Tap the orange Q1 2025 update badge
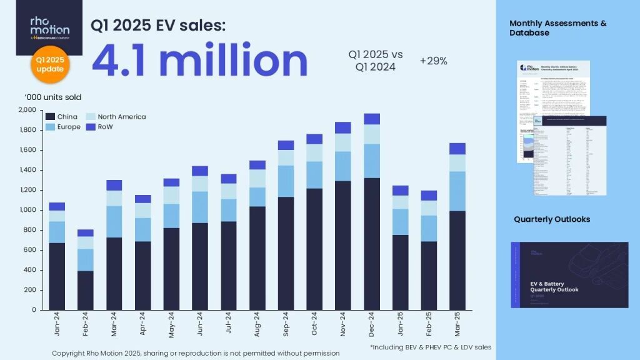pyautogui.click(x=49, y=64)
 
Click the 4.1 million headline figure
pyautogui.click(x=199, y=61)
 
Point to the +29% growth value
pyautogui.click(x=433, y=61)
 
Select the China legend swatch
pyautogui.click(x=51, y=117)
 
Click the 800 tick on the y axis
pyautogui.click(x=31, y=230)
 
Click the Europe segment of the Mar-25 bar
pyautogui.click(x=457, y=191)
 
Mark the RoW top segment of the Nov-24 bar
pyautogui.click(x=343, y=127)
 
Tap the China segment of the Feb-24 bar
pyautogui.click(x=86, y=290)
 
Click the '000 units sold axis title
pyautogui.click(x=53, y=97)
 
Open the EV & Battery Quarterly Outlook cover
pyautogui.click(x=569, y=275)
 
